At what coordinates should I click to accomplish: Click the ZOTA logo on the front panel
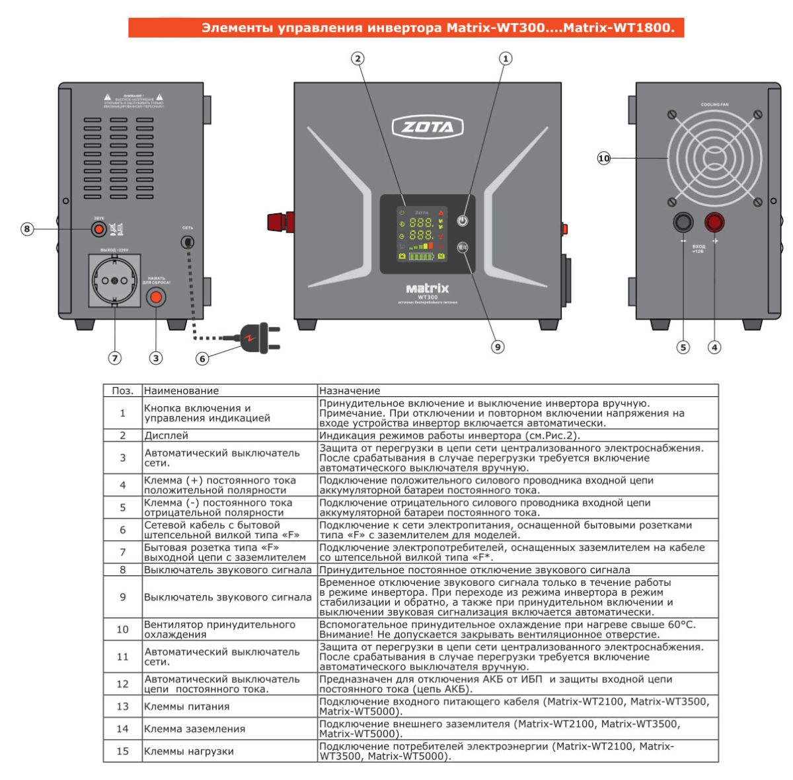428,127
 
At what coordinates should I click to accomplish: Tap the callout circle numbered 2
358,59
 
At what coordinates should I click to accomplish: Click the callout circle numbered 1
506,59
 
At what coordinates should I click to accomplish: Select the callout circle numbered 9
498,347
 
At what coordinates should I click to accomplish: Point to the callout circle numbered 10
603,159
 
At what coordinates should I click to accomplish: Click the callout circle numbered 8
27,229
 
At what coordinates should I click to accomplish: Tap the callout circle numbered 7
115,358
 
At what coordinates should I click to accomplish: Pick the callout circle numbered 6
202,359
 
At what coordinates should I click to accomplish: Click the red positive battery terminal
714,222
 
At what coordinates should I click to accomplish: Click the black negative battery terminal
683,222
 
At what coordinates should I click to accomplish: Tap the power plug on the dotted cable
258,337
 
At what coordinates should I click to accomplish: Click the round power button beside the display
463,221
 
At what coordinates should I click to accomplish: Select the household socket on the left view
114,281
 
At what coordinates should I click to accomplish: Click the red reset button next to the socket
156,297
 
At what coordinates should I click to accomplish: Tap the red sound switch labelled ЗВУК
98,229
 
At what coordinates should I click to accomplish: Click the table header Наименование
181,391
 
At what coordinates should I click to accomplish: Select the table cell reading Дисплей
167,435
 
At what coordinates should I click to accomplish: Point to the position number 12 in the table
122,684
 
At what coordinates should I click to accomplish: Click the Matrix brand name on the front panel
427,289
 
